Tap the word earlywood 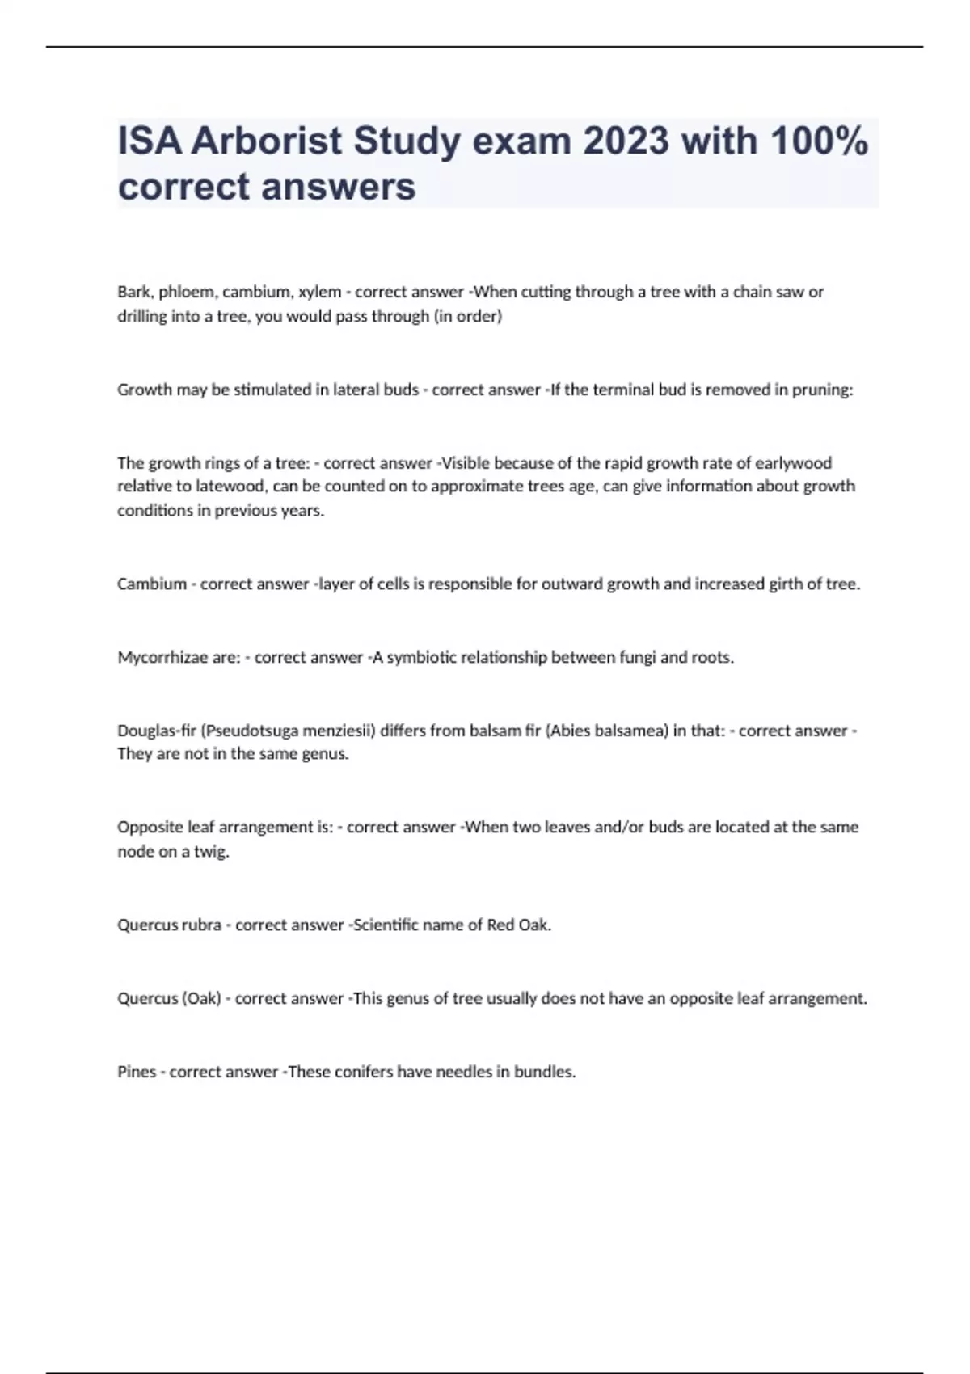793,463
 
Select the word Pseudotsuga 249,731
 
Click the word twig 212,851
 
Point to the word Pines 137,1072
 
